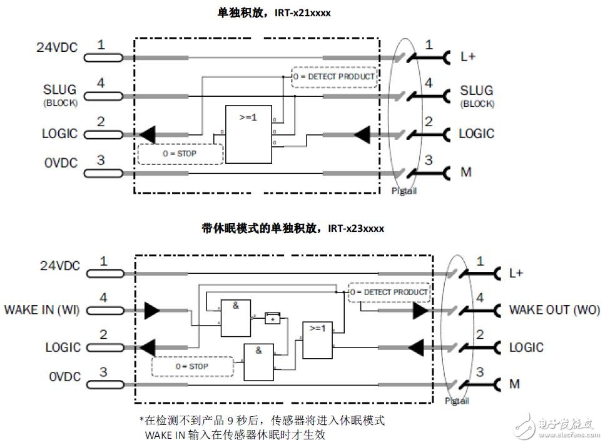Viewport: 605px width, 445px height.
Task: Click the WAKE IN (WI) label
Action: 41,309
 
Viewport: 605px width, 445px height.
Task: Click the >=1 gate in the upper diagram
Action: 248,134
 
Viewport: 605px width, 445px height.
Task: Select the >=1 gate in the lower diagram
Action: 318,340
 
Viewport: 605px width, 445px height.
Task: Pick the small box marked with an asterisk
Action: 273,318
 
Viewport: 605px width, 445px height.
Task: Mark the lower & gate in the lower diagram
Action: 258,362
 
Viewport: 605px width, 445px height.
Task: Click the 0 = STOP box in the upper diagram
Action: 180,154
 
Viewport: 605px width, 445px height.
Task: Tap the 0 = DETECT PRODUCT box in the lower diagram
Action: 389,292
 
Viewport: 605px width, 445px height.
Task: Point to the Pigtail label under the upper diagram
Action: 403,191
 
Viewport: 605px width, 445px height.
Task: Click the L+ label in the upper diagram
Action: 468,57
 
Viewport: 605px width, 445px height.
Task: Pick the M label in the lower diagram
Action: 514,384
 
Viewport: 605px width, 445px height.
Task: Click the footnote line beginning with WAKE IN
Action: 236,434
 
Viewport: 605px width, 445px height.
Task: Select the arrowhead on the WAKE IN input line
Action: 152,309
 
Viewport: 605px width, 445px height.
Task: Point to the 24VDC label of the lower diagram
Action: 60,266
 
